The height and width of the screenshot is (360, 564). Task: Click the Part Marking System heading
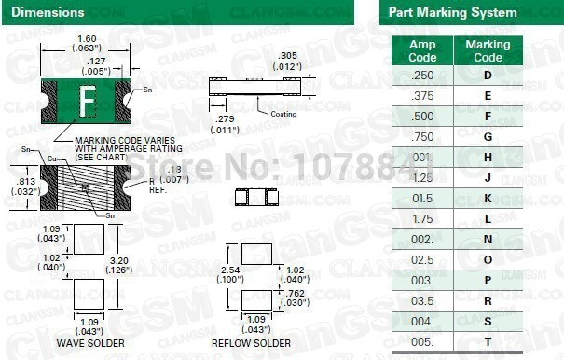451,12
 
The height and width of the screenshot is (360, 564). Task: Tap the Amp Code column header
422,50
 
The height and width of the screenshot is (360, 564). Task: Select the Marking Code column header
488,50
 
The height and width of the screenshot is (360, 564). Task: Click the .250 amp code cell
422,75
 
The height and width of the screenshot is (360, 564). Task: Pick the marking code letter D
488,75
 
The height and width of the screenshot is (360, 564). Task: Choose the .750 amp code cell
422,137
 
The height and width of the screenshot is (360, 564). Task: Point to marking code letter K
488,199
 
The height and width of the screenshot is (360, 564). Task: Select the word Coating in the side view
285,114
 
